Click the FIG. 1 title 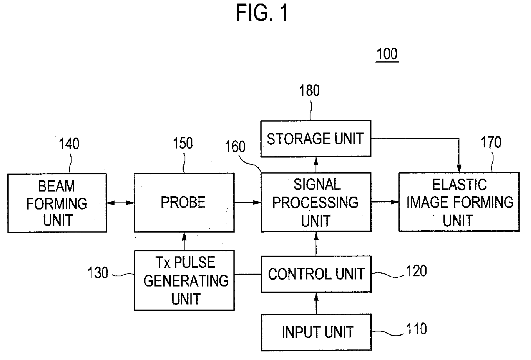click(x=262, y=13)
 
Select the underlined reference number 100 click(x=387, y=54)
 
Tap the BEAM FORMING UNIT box click(x=57, y=203)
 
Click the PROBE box click(x=184, y=202)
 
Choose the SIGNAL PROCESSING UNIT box click(x=316, y=202)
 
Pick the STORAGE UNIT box click(x=316, y=139)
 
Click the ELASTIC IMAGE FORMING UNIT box click(x=459, y=202)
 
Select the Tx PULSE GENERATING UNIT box click(x=184, y=280)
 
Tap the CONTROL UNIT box click(x=316, y=274)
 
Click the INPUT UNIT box click(x=316, y=332)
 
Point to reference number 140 click(x=69, y=143)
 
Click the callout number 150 click(x=183, y=143)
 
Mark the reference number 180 click(x=309, y=91)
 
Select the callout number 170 click(x=491, y=142)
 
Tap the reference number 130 click(x=98, y=272)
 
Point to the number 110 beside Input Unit click(x=416, y=329)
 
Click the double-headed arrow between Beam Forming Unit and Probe click(x=120, y=203)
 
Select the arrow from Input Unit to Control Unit click(x=316, y=304)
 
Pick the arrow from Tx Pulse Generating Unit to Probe click(x=184, y=241)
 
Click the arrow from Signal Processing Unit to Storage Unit click(x=316, y=165)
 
